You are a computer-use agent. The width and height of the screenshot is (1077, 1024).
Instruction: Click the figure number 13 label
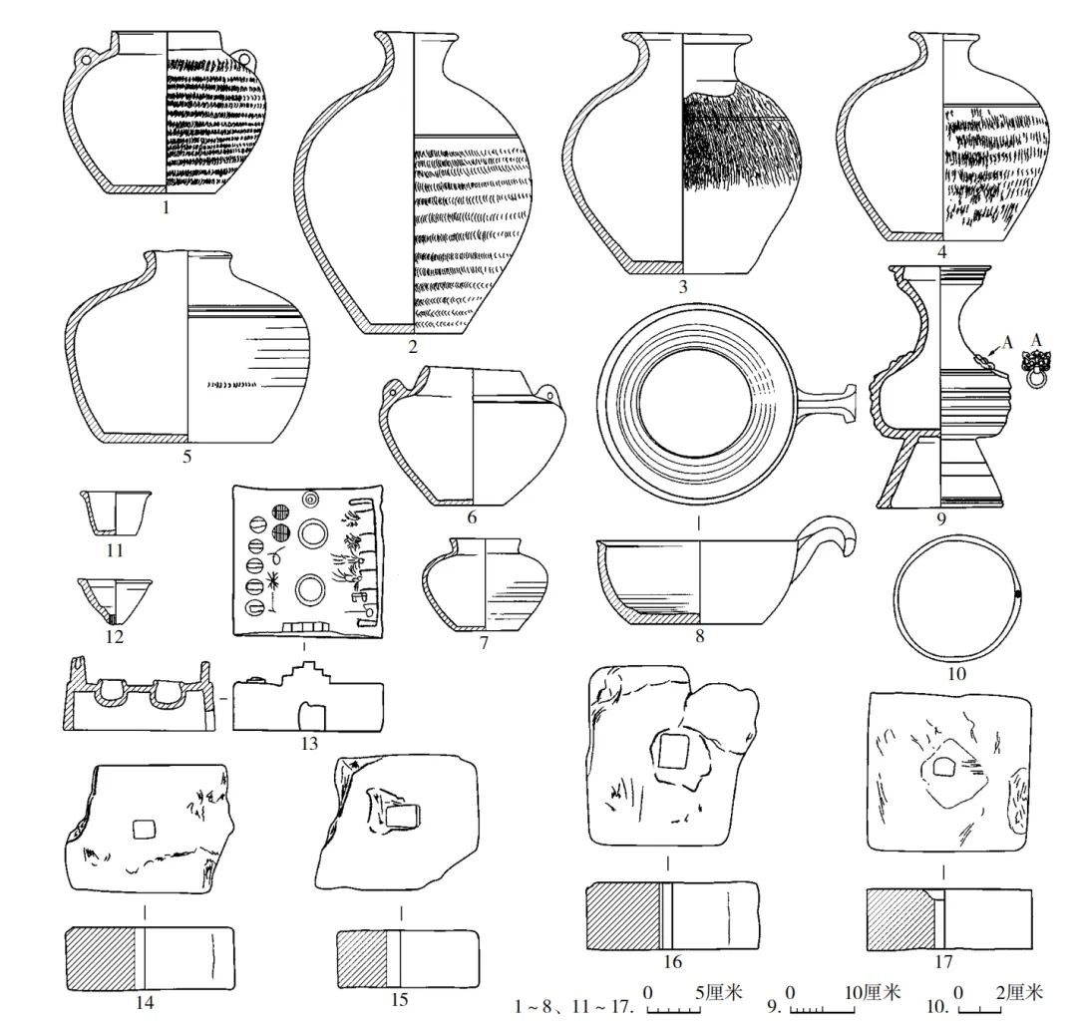308,743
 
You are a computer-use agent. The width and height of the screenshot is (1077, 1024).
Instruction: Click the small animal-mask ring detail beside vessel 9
1038,371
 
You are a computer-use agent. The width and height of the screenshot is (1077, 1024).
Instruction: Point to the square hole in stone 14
146,830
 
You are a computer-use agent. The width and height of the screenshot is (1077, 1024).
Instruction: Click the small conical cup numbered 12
115,599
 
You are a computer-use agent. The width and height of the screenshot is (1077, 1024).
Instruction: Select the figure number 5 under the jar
186,458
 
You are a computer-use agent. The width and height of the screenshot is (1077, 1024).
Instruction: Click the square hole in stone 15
401,818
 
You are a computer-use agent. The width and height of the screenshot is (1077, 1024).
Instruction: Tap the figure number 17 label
943,962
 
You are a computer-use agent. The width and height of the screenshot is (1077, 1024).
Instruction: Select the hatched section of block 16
624,915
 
